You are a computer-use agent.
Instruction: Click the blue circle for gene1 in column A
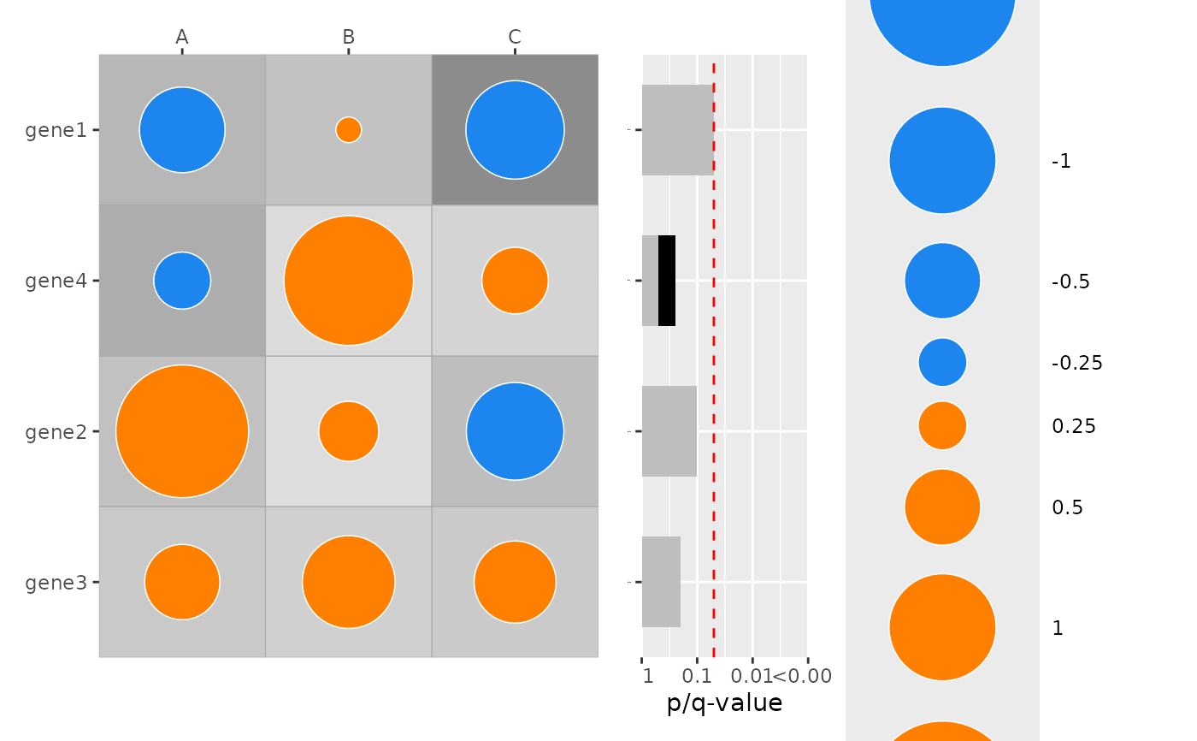point(182,130)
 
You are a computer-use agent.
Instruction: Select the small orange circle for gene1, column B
point(348,130)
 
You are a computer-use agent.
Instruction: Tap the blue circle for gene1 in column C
point(515,130)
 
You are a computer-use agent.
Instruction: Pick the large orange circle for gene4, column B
point(348,281)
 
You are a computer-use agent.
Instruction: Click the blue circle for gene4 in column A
point(182,281)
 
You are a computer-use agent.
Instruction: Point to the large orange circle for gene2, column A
point(182,431)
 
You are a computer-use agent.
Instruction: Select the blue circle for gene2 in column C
point(515,431)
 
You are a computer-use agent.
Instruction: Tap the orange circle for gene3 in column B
point(348,582)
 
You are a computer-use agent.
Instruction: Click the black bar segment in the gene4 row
point(667,281)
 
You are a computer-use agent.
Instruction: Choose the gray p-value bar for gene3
point(661,582)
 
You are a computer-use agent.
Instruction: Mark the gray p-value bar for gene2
point(669,431)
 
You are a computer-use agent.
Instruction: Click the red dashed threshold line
point(714,359)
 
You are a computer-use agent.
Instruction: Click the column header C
point(515,37)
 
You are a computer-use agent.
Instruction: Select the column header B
point(348,37)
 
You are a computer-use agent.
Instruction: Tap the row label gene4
point(56,281)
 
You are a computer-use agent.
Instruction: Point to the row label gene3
point(56,582)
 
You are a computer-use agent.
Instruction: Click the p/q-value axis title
point(724,703)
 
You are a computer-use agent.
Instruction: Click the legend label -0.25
point(1076,363)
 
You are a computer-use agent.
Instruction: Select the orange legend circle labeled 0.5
point(942,507)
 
